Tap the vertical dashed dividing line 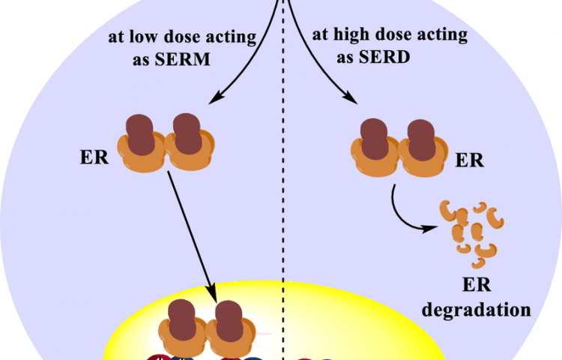coord(283,187)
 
